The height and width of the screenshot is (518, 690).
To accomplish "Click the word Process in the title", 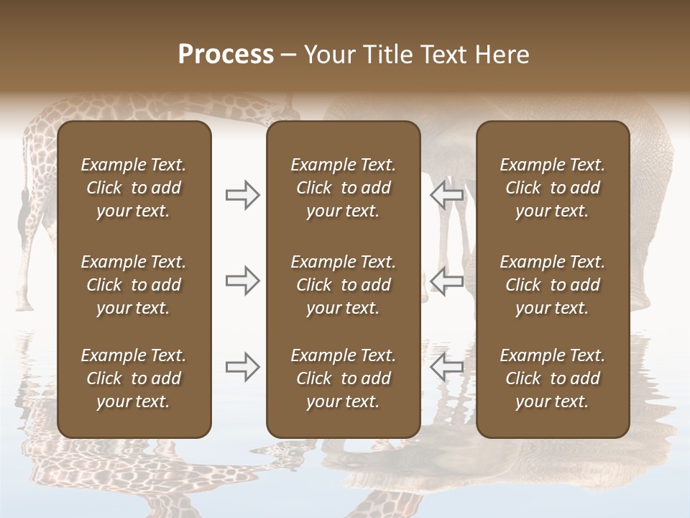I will pyautogui.click(x=226, y=55).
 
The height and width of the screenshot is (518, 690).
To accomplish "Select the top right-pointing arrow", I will pyautogui.click(x=243, y=194).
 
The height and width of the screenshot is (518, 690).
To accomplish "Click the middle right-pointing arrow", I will pyautogui.click(x=243, y=281).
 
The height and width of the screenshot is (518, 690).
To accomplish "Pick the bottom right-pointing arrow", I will pyautogui.click(x=243, y=367).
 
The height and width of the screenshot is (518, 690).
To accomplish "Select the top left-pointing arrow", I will pyautogui.click(x=446, y=194).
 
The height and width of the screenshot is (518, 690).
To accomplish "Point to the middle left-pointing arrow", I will pyautogui.click(x=446, y=281).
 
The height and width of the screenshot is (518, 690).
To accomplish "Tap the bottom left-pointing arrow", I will pyautogui.click(x=446, y=367).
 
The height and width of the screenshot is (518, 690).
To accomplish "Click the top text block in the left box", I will pyautogui.click(x=134, y=188).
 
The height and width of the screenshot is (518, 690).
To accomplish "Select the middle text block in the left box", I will pyautogui.click(x=134, y=285).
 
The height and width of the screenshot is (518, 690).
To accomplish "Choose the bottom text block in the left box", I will pyautogui.click(x=134, y=378).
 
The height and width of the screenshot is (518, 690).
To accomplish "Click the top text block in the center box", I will pyautogui.click(x=343, y=188).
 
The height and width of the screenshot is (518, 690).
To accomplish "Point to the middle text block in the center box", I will pyautogui.click(x=343, y=285).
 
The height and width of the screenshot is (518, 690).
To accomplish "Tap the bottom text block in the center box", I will pyautogui.click(x=343, y=378).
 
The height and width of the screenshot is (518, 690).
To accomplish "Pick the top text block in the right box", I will pyautogui.click(x=553, y=188).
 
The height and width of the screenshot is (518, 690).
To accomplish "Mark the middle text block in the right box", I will pyautogui.click(x=553, y=285).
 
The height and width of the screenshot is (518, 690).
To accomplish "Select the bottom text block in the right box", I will pyautogui.click(x=553, y=378).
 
